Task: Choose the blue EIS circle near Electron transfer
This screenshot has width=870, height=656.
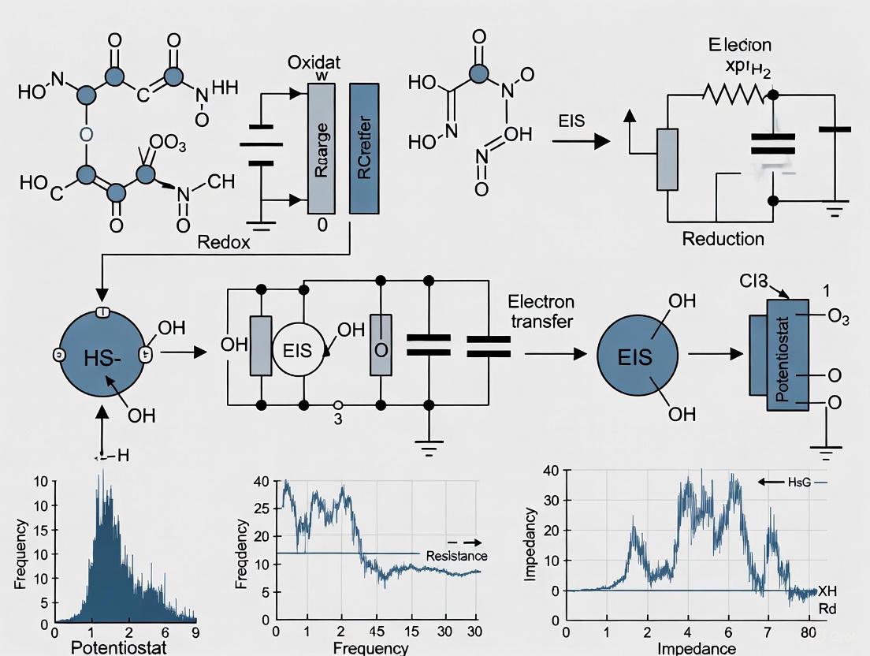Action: coord(636,356)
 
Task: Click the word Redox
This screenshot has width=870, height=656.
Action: coord(225,243)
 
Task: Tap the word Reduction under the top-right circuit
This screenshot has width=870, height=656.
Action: coord(723,238)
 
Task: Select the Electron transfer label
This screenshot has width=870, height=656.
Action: coord(541,311)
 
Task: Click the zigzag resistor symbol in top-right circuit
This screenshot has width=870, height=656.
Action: coord(733,95)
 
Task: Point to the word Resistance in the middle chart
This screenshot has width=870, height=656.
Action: coord(457,556)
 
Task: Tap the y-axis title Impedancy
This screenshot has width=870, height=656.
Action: coord(530,545)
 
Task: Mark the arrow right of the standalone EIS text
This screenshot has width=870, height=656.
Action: coord(582,142)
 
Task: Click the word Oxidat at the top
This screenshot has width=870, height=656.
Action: coord(315,63)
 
